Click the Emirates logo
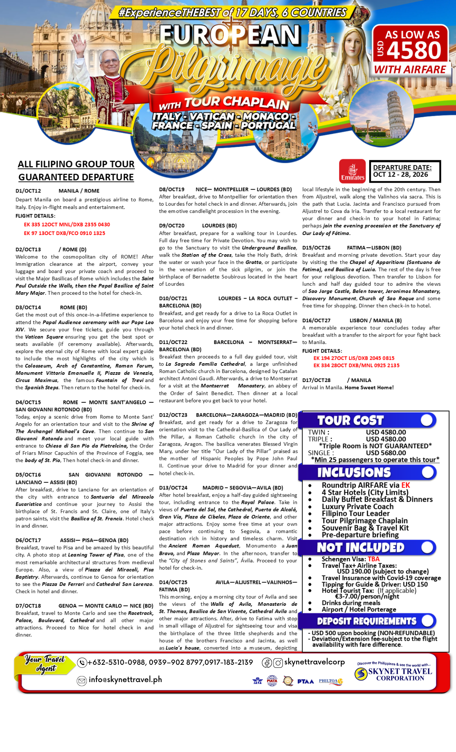pyautogui.click(x=352, y=171)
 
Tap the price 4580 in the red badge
pyautogui.click(x=414, y=50)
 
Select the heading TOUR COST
pyautogui.click(x=350, y=420)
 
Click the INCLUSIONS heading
pyautogui.click(x=354, y=472)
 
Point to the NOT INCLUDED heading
pyautogui.click(x=360, y=547)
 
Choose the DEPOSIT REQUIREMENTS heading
pyautogui.click(x=367, y=621)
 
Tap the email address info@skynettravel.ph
pyautogui.click(x=125, y=679)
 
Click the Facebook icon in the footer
pyautogui.click(x=267, y=663)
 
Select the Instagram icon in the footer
pyautogui.click(x=278, y=663)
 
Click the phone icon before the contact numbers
pyautogui.click(x=82, y=663)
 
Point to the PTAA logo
pyautogui.click(x=305, y=681)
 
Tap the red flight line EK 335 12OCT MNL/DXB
pyautogui.click(x=67, y=224)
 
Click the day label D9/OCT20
pyautogui.click(x=172, y=226)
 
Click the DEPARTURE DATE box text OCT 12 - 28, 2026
pyautogui.click(x=400, y=174)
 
